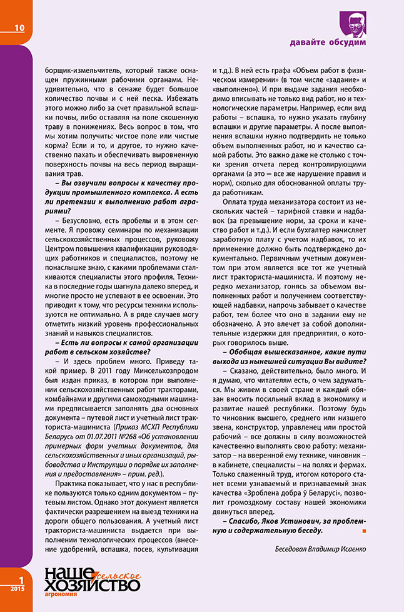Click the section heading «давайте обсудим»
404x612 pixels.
[328, 43]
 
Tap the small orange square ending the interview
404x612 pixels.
[364, 531]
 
